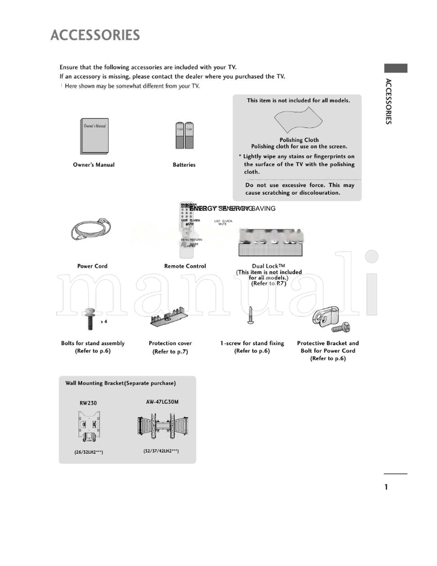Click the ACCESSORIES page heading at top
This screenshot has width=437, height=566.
[x=95, y=36]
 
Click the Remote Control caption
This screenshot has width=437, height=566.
[x=185, y=266]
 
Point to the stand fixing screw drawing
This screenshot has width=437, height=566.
[x=251, y=316]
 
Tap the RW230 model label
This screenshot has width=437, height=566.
[x=88, y=403]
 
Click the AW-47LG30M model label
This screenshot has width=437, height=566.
[x=162, y=402]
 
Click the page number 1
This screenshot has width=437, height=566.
[x=386, y=487]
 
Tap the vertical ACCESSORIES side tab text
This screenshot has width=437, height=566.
[x=388, y=102]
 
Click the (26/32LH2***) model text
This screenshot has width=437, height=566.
[x=89, y=452]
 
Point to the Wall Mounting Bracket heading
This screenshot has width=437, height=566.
[x=120, y=384]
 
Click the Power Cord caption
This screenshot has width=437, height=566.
[x=92, y=266]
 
